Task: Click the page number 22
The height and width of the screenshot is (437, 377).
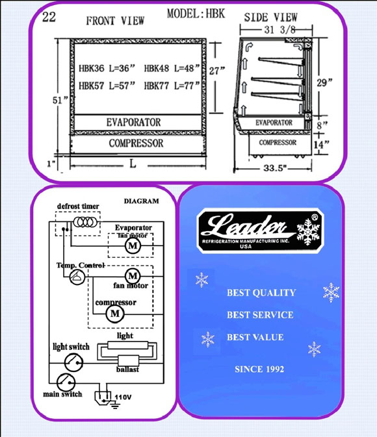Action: point(49,17)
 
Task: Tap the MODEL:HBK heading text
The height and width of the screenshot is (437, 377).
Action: point(196,14)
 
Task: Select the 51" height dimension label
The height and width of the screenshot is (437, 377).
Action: point(60,100)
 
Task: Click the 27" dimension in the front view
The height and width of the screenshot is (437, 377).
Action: point(217,71)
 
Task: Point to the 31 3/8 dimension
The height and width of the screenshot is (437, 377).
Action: point(279,29)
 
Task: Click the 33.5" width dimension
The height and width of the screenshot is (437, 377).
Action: point(275,168)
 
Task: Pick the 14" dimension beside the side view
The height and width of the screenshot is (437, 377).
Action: point(322,145)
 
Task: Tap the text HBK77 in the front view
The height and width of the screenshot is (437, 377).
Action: point(156,86)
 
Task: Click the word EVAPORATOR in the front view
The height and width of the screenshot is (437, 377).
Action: point(133,122)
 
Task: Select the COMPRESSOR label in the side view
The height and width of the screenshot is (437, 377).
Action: point(278,142)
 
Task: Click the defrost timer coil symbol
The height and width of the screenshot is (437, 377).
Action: point(85,222)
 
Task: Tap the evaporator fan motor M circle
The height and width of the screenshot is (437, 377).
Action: point(133,246)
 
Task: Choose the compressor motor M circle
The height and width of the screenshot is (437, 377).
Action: point(115,314)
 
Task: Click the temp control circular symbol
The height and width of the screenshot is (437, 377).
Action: point(77,277)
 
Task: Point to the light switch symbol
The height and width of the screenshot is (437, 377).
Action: point(73,362)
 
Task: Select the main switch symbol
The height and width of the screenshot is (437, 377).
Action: point(66,382)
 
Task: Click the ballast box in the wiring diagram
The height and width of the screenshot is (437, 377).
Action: point(128,361)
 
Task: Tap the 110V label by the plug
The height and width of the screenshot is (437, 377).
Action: point(123,397)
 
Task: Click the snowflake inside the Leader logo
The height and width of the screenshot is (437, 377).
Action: point(308,232)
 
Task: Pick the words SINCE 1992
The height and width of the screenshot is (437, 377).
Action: point(259,369)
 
